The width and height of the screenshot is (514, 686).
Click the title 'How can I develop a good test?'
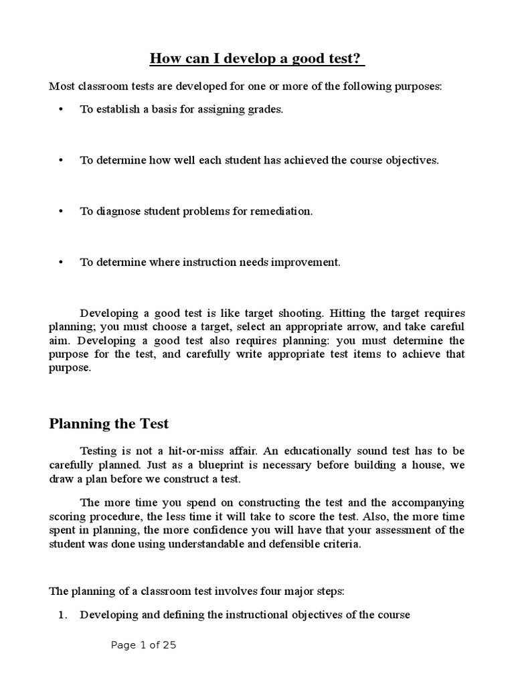click(257, 59)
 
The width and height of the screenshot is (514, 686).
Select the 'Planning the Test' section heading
click(109, 423)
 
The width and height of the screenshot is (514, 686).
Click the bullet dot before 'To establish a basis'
click(61, 110)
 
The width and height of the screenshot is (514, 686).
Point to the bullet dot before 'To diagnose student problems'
click(61, 212)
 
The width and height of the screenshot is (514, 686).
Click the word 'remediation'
click(283, 212)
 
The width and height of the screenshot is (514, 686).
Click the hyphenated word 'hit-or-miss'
click(184, 451)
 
